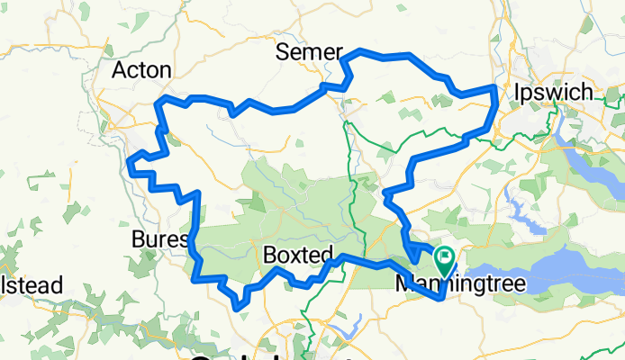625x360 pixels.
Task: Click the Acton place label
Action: coord(139,71)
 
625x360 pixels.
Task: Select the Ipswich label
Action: coord(552,93)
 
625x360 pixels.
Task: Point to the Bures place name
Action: coord(159,239)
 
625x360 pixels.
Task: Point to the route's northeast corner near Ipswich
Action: coord(494,88)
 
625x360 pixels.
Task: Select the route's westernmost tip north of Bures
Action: coord(131,165)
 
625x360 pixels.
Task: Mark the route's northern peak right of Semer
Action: coord(362,51)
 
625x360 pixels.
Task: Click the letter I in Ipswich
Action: coord(519,93)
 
